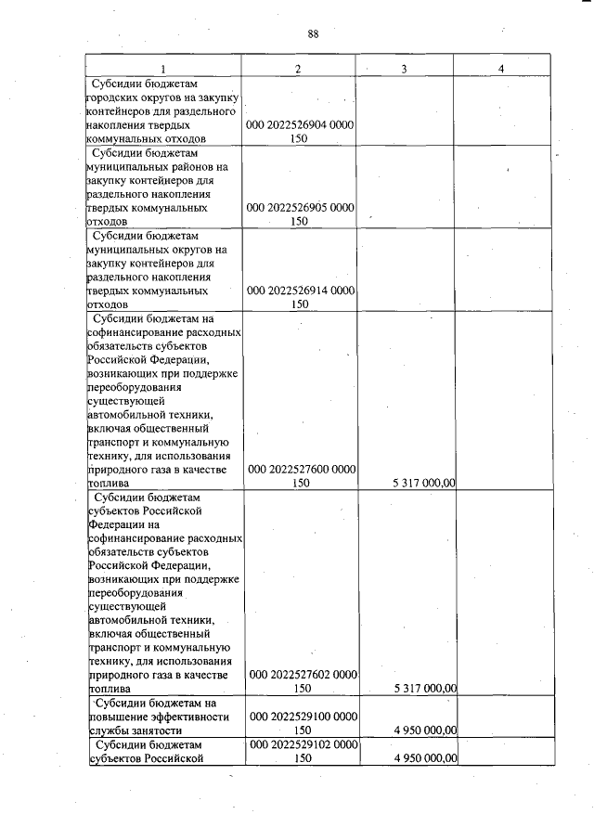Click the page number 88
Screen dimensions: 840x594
313,34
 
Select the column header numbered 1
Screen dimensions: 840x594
163,69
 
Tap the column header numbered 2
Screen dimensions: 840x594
298,69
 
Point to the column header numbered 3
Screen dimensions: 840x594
405,69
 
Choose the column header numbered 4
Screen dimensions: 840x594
501,69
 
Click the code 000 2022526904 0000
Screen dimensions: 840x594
299,123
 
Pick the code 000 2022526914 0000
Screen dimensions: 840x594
299,290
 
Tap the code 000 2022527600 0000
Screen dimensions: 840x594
299,470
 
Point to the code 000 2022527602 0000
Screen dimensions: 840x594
299,675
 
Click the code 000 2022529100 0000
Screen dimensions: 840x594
299,717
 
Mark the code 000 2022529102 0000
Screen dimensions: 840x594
299,744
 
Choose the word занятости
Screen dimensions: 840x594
152,730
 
